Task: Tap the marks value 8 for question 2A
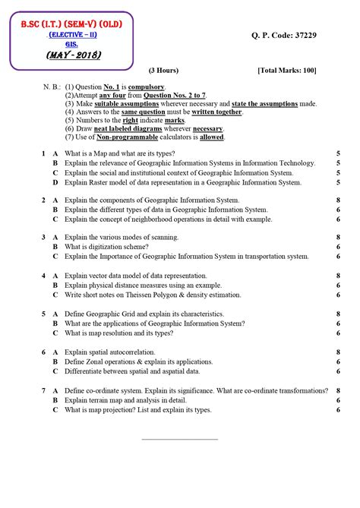[337, 200]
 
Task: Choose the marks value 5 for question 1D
[337, 183]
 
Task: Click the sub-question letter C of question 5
[55, 333]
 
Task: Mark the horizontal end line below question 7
[180, 439]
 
